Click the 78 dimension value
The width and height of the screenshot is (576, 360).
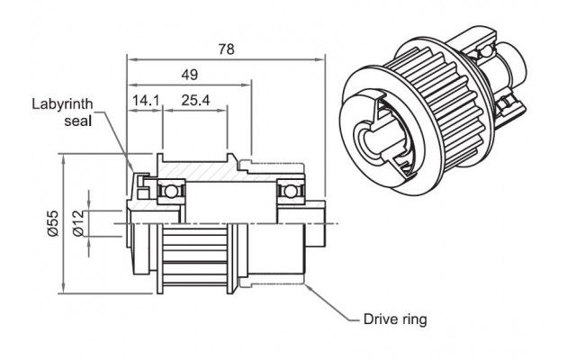226,49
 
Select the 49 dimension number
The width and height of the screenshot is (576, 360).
190,75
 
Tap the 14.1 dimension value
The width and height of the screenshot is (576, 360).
146,100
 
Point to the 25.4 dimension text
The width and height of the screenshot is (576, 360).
196,100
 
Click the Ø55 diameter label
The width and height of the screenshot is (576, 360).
53,223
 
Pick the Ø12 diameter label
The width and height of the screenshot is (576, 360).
78,223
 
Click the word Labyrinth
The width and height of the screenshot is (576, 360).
62,104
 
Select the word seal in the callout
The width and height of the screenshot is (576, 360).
78,121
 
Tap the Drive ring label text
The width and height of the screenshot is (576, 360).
395,319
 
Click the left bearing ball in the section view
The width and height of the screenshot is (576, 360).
170,192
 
